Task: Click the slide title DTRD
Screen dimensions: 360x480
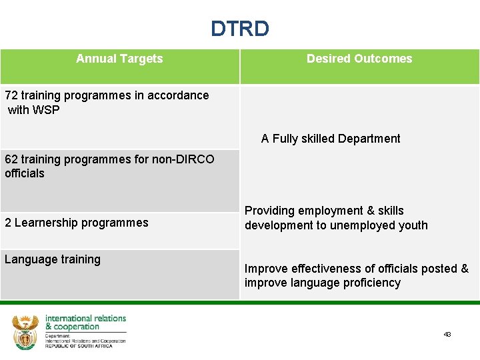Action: pyautogui.click(x=240, y=29)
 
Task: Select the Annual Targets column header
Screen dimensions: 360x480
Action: pyautogui.click(x=119, y=59)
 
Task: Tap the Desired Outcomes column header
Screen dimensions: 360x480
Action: pyautogui.click(x=359, y=59)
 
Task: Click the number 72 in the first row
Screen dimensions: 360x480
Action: pyautogui.click(x=11, y=95)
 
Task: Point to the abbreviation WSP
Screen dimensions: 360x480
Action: pyautogui.click(x=46, y=110)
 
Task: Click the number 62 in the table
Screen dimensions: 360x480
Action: pyautogui.click(x=11, y=159)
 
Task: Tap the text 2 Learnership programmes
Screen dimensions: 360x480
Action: pyautogui.click(x=77, y=223)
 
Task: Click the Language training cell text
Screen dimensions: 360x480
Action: pyautogui.click(x=53, y=259)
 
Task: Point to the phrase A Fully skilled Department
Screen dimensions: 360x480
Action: pyautogui.click(x=331, y=139)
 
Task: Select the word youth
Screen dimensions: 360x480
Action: pyautogui.click(x=413, y=225)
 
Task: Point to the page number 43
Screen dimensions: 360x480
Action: pyautogui.click(x=447, y=334)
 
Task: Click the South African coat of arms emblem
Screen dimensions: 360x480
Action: pyautogui.click(x=26, y=331)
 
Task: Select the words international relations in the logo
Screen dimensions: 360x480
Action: pyautogui.click(x=85, y=319)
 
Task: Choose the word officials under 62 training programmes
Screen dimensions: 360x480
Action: pyautogui.click(x=25, y=173)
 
